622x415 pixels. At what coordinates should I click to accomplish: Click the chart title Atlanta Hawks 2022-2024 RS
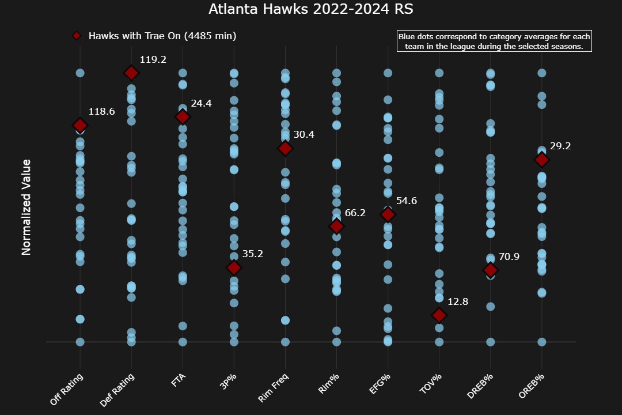click(x=310, y=9)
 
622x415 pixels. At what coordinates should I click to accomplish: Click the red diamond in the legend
click(x=76, y=36)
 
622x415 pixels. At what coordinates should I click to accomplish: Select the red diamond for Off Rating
click(x=80, y=125)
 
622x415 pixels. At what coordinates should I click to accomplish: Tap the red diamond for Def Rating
click(x=131, y=73)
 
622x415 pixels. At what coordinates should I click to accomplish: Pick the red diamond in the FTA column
click(x=183, y=117)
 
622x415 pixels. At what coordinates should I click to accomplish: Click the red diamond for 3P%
click(x=234, y=267)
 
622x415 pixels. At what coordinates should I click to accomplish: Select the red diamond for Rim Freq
click(x=285, y=148)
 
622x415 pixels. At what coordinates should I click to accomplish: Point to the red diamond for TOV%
click(x=439, y=315)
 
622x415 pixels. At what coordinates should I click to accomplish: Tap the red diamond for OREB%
click(x=541, y=160)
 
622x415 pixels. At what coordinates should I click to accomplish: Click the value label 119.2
click(x=153, y=59)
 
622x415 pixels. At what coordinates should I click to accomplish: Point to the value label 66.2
click(x=355, y=213)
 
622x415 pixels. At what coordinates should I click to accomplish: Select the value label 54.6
click(x=407, y=201)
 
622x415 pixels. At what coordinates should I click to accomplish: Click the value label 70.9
click(x=509, y=257)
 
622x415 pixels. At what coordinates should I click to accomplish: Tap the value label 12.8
click(x=458, y=301)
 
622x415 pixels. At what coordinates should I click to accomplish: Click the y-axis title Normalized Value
click(x=26, y=207)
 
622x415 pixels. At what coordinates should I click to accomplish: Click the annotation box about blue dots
click(x=494, y=41)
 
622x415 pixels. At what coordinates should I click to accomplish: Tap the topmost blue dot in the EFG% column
click(x=388, y=73)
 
